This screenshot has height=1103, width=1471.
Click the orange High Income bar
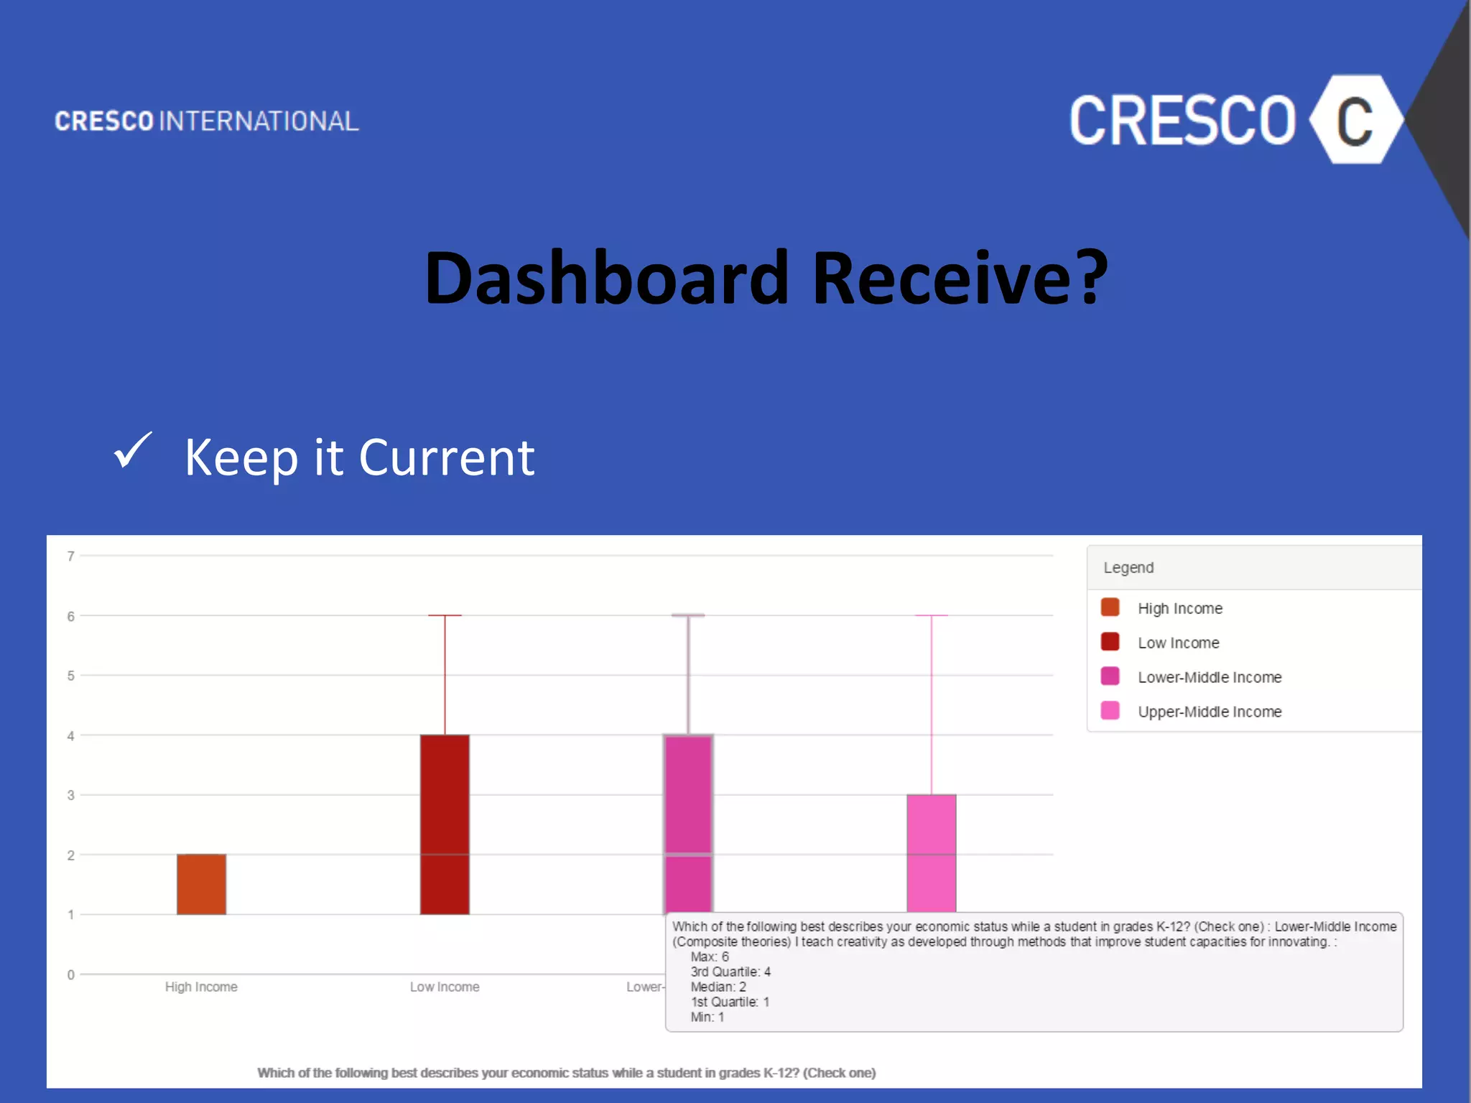[x=201, y=884]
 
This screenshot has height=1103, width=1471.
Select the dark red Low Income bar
[x=445, y=824]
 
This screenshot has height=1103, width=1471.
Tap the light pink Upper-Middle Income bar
[x=931, y=853]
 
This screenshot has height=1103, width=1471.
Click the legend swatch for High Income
[x=1110, y=608]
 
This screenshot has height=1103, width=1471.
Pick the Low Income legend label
[x=1178, y=643]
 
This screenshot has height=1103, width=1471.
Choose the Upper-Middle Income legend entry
[x=1210, y=712]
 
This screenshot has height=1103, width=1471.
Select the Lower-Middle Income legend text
[x=1210, y=677]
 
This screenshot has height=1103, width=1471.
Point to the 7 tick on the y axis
[x=70, y=556]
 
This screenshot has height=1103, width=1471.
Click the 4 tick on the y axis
[x=70, y=735]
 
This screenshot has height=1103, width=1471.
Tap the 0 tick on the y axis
[x=70, y=974]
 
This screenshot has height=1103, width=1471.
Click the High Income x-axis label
[x=201, y=987]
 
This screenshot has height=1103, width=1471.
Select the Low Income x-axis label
[x=445, y=987]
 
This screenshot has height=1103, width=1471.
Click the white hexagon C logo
[x=1355, y=120]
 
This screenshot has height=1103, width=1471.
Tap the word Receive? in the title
[x=960, y=279]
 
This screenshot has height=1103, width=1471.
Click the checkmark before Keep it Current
[x=133, y=451]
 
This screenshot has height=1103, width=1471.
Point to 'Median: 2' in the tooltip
[x=718, y=987]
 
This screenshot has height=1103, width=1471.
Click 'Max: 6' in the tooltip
[x=710, y=957]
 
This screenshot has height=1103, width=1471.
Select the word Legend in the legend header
[x=1128, y=567]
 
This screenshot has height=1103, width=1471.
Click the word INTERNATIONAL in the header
[x=259, y=121]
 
